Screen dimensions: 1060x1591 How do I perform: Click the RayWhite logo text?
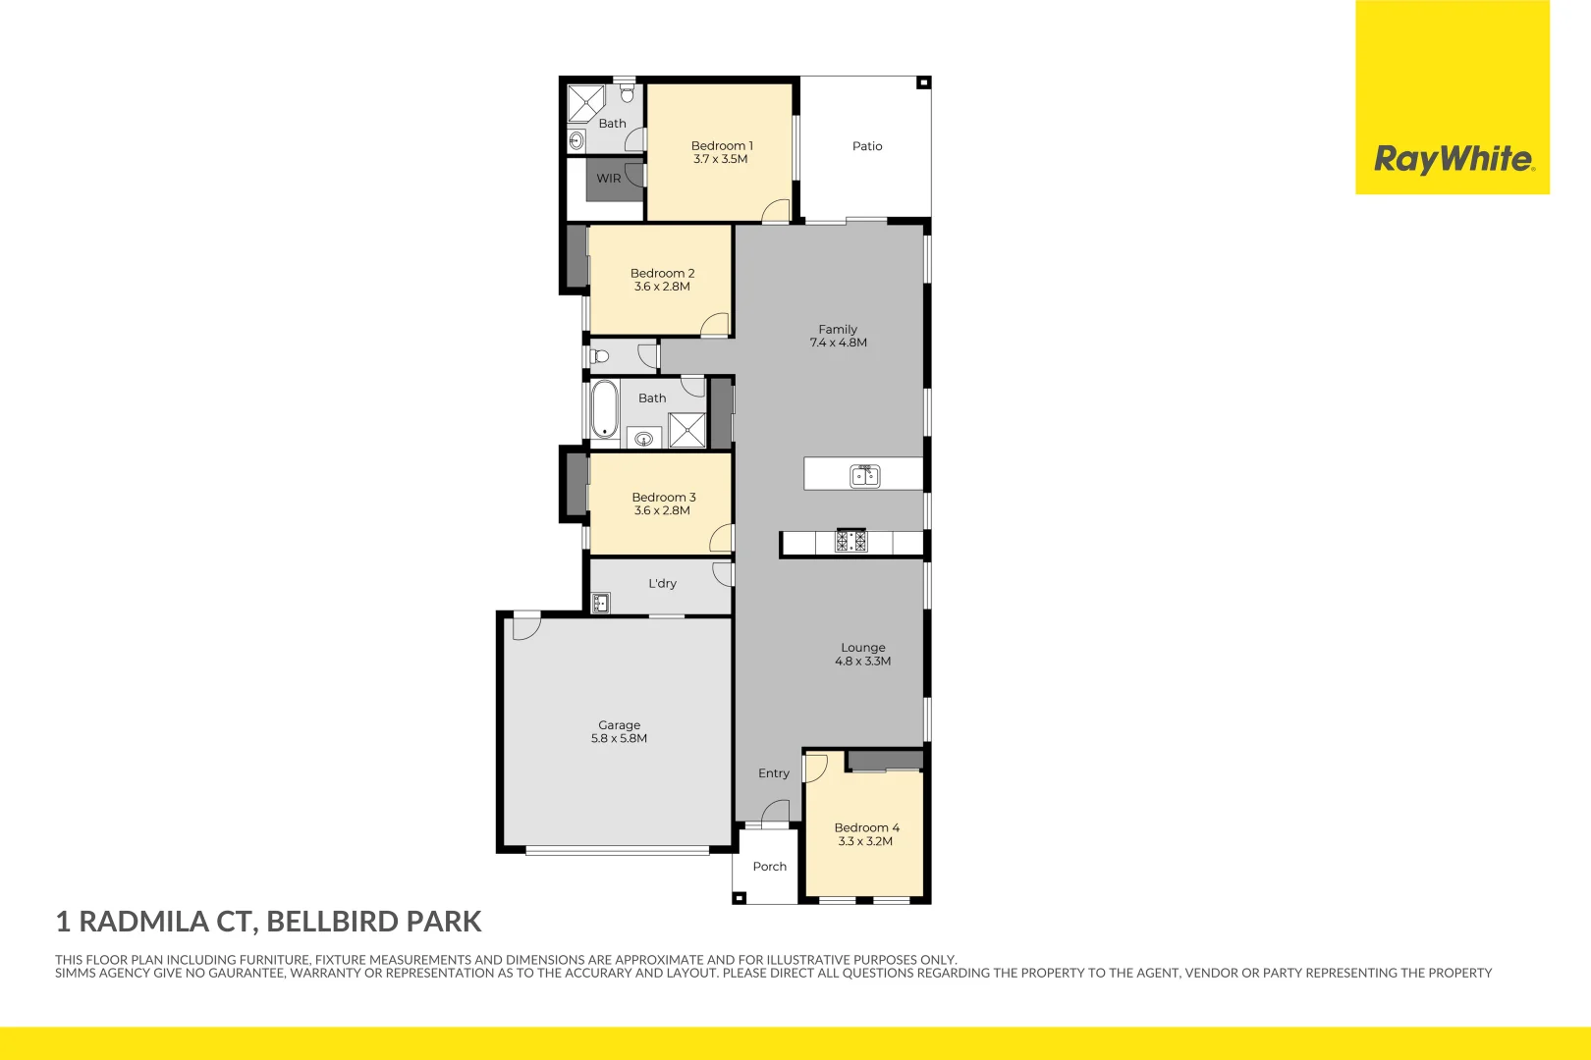[x=1453, y=158]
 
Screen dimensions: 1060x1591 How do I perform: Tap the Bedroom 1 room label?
[x=722, y=145]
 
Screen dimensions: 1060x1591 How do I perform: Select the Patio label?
[x=867, y=146]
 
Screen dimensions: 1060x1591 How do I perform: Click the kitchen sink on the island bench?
[x=864, y=476]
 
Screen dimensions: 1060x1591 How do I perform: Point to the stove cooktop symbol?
[x=850, y=541]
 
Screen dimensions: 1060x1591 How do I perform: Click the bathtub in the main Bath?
[x=604, y=409]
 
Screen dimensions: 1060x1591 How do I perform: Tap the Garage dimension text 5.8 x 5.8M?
[x=619, y=739]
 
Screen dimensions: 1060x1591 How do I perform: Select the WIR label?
[x=609, y=179]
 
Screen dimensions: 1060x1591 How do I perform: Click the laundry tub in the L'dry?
[x=601, y=603]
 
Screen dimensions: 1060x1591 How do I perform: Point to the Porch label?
[x=770, y=867]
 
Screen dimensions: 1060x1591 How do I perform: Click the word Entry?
[x=774, y=773]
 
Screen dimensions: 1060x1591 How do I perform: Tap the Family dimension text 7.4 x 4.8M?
[x=838, y=344]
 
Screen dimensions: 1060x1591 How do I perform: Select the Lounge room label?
[x=863, y=648]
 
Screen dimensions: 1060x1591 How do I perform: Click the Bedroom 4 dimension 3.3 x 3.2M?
[x=865, y=841]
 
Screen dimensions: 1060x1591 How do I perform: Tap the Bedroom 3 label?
[x=664, y=498]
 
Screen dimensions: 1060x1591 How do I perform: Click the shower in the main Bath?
[x=687, y=431]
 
